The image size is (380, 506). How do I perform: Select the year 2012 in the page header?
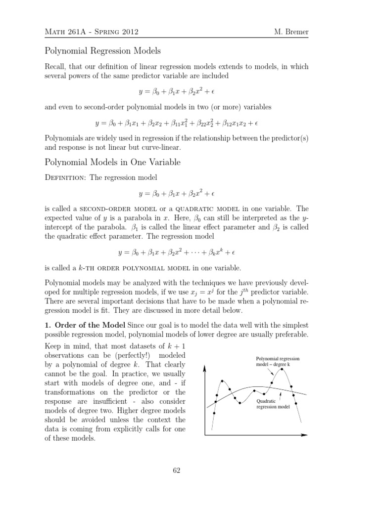pyautogui.click(x=128, y=33)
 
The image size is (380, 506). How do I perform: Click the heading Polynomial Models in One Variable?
pyautogui.click(x=113, y=163)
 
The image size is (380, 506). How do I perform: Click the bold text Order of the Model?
pyautogui.click(x=90, y=325)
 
